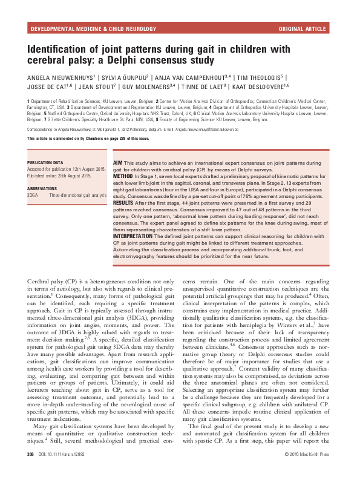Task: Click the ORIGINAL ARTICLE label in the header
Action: [x=303, y=28]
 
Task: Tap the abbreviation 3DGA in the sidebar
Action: [x=33, y=194]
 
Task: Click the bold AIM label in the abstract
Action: [x=119, y=164]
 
